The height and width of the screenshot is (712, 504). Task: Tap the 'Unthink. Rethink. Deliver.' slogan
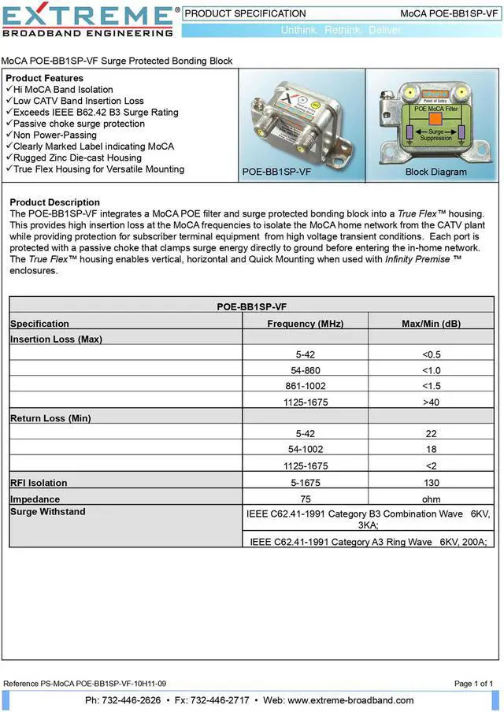(x=341, y=30)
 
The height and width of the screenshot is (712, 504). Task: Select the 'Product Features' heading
(x=44, y=78)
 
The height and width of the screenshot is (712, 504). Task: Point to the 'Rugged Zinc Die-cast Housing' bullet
(x=78, y=158)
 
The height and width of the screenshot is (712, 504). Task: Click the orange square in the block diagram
(x=435, y=118)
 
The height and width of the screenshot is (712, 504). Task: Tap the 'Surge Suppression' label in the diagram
(x=435, y=135)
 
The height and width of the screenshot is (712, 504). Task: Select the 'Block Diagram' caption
(x=435, y=172)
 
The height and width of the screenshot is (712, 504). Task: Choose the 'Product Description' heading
(x=54, y=202)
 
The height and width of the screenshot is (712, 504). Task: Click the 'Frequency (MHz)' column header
(x=305, y=324)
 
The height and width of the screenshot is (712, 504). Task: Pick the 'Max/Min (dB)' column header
(x=431, y=324)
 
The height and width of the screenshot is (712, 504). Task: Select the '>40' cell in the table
(x=431, y=402)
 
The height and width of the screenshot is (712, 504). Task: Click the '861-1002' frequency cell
(x=305, y=386)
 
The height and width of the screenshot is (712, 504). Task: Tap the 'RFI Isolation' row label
(x=39, y=483)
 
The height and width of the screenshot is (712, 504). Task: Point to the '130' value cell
(x=431, y=483)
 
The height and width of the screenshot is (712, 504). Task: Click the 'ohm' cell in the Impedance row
(x=431, y=499)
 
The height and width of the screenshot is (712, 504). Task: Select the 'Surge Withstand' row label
(x=47, y=512)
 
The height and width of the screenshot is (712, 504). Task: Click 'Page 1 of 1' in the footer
(x=474, y=683)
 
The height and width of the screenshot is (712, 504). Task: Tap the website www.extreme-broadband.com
(x=350, y=700)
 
